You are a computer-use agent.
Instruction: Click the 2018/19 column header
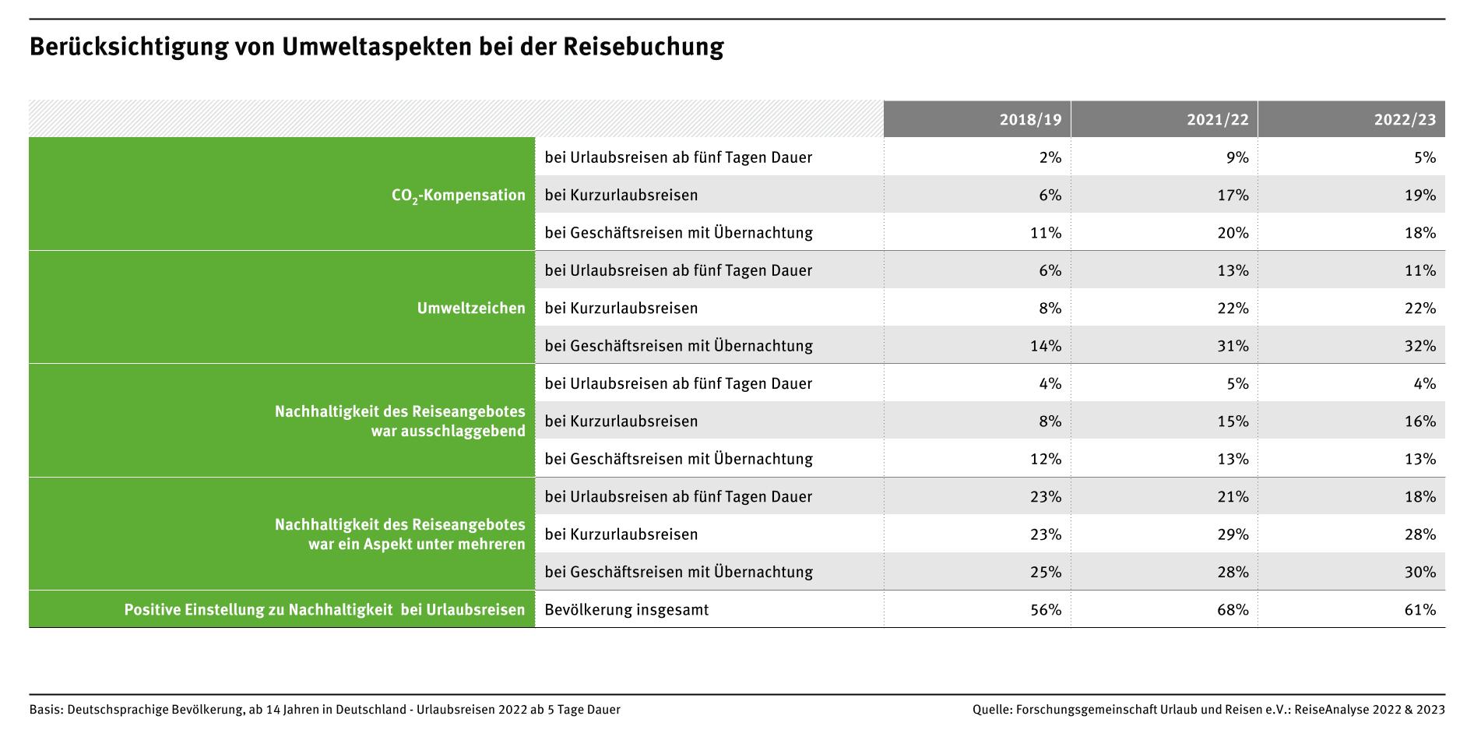(x=1030, y=120)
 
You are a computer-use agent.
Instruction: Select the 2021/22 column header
(x=1217, y=120)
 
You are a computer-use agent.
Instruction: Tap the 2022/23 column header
(x=1404, y=120)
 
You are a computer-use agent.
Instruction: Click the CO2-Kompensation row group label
(x=458, y=196)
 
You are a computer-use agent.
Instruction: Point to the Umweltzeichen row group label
(x=471, y=309)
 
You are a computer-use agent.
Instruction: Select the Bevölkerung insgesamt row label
(x=627, y=610)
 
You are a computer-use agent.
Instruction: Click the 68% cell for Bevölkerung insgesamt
(x=1233, y=610)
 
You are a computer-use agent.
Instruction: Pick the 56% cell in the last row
(x=1046, y=610)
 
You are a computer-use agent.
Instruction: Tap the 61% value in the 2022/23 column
(x=1419, y=610)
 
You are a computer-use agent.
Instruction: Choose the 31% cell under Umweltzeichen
(x=1233, y=346)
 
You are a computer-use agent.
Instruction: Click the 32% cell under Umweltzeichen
(x=1419, y=346)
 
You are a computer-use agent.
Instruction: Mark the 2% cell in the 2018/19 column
(x=1050, y=157)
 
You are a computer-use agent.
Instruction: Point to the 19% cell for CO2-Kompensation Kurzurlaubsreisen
(x=1419, y=196)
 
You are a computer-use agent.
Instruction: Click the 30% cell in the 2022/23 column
(x=1419, y=572)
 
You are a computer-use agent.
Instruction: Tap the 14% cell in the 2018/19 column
(x=1046, y=346)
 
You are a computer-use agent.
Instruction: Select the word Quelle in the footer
(x=991, y=710)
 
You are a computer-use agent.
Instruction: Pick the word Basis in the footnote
(x=45, y=710)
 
